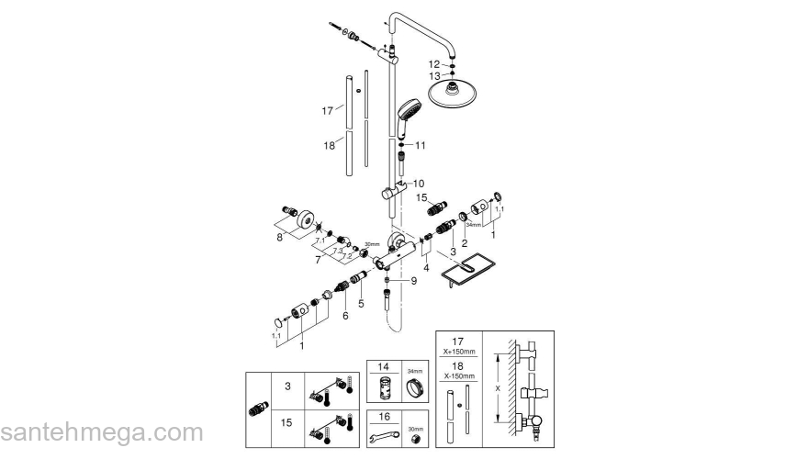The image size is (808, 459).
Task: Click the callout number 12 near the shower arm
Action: click(x=434, y=63)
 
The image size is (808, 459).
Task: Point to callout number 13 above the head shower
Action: click(x=434, y=76)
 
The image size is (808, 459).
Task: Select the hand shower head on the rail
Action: click(x=410, y=114)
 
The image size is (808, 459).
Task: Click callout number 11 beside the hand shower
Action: click(x=421, y=145)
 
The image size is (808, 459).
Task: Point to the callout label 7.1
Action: click(x=320, y=241)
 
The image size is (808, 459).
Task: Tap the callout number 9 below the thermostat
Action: click(x=414, y=281)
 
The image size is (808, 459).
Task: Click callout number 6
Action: click(x=345, y=315)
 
